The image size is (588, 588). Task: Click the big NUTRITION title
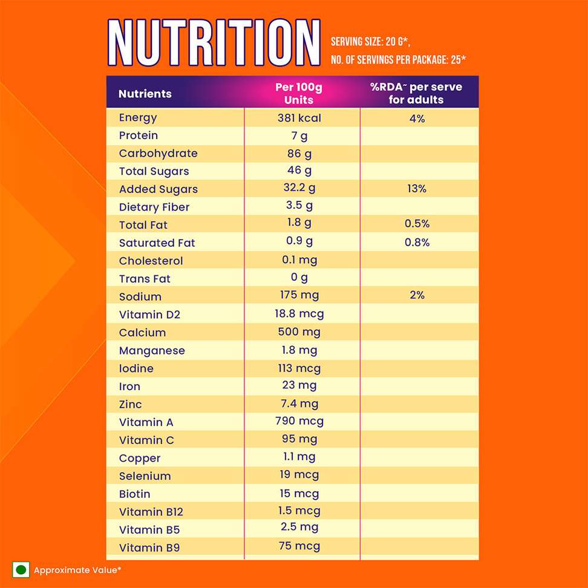(214, 43)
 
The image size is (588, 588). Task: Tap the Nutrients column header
(145, 94)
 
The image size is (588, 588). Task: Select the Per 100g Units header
(299, 94)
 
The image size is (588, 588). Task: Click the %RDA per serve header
(416, 94)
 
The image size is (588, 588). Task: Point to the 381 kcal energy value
(299, 118)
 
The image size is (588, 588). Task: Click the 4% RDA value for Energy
(417, 119)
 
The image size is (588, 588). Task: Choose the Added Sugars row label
(158, 189)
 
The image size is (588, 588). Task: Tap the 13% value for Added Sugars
(417, 189)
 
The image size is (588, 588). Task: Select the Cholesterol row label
(151, 261)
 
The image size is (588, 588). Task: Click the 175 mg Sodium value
(299, 296)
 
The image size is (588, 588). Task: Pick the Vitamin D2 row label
(149, 315)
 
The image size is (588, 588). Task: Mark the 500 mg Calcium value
(299, 332)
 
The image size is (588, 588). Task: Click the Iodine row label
(136, 368)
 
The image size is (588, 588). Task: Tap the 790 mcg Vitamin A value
(299, 421)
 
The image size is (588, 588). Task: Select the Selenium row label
(145, 476)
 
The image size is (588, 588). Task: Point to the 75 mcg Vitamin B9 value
(299, 546)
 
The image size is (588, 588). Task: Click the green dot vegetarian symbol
(21, 570)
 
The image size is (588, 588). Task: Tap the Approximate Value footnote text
(78, 570)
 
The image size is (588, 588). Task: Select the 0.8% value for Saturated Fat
(417, 243)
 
